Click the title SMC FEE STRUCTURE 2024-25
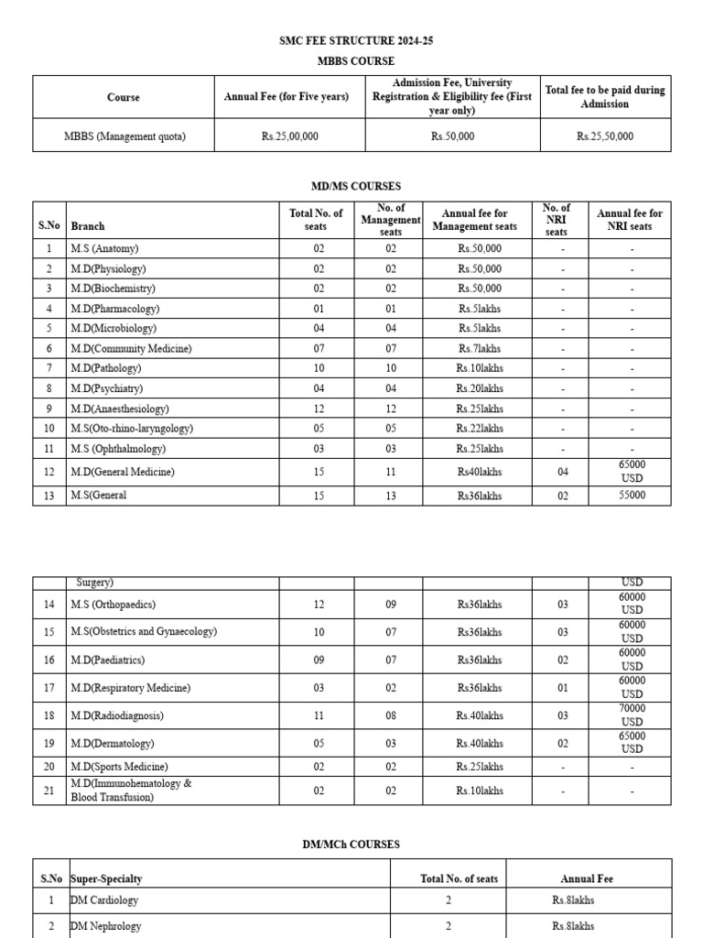[x=351, y=41]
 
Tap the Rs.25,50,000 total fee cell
[x=604, y=136]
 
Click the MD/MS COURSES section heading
[x=351, y=186]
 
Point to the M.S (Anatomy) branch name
[x=104, y=248]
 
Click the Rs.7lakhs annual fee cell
[x=480, y=349]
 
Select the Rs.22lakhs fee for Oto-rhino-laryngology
[x=480, y=429]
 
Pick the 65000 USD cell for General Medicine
[x=631, y=472]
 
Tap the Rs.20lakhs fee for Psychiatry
[x=480, y=388]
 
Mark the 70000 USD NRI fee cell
[x=631, y=715]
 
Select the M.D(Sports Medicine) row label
[x=119, y=767]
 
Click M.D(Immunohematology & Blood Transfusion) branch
[x=131, y=791]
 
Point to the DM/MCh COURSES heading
[x=351, y=845]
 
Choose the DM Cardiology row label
[x=104, y=900]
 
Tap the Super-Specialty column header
[x=106, y=878]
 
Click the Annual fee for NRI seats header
[x=630, y=220]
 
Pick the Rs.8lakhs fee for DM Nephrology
[x=573, y=926]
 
